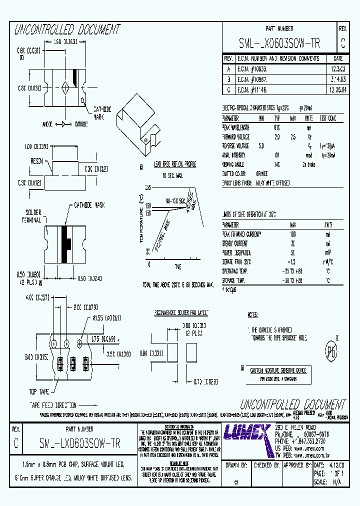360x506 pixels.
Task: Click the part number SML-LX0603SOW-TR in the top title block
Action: (x=279, y=43)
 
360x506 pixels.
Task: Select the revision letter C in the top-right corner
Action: (x=342, y=43)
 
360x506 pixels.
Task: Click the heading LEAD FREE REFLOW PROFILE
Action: (x=168, y=165)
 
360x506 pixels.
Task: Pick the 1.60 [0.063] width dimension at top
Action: (x=62, y=42)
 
